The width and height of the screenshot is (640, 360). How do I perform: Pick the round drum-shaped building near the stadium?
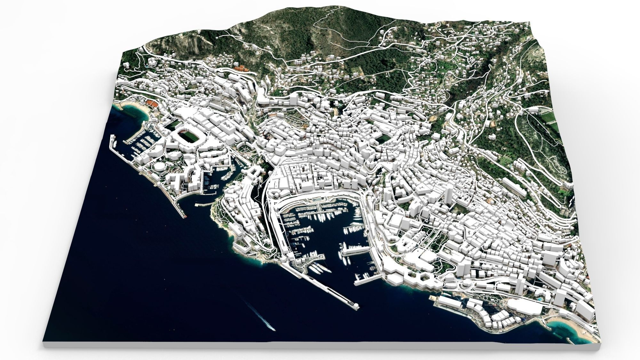157,167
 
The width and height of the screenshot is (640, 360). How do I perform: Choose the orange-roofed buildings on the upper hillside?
241,68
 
